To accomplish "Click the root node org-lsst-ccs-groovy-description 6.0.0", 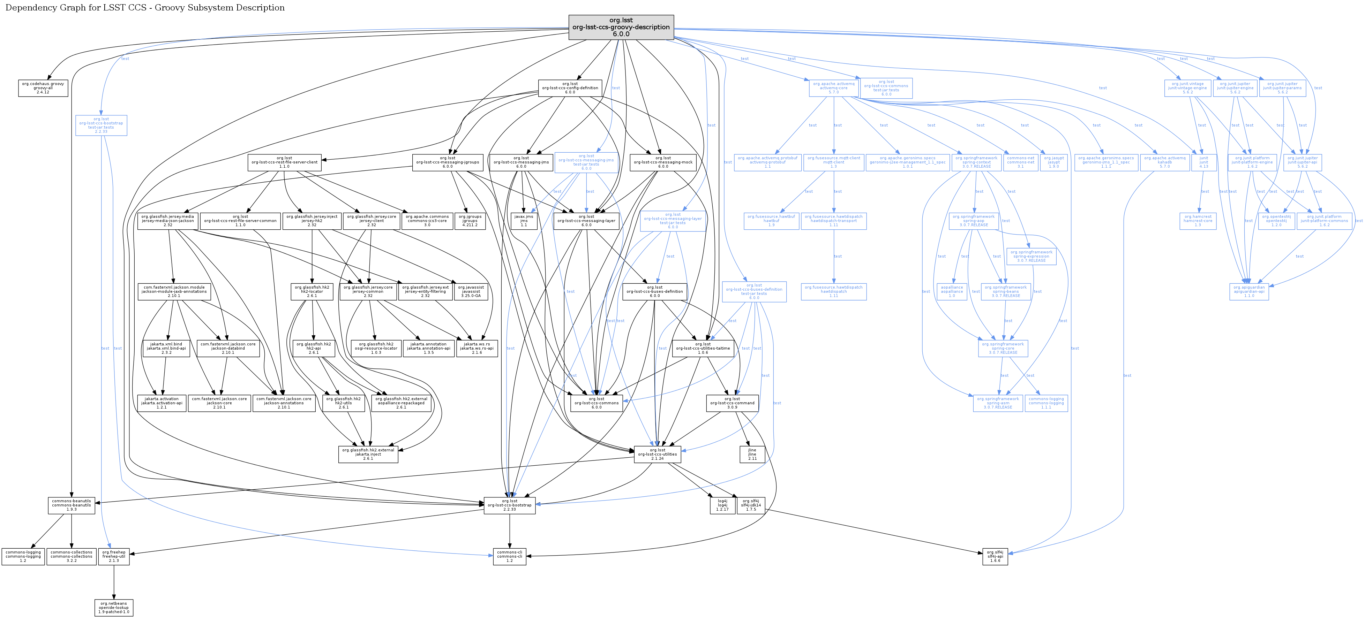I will (x=621, y=27).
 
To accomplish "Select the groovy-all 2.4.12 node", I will (x=43, y=88).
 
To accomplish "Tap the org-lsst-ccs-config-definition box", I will (x=570, y=88).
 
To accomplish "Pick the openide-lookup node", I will (x=114, y=608).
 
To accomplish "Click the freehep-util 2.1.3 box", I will (x=114, y=557).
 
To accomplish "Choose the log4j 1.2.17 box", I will (x=722, y=505).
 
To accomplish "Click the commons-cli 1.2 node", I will (x=509, y=557).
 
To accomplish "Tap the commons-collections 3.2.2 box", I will (x=72, y=557).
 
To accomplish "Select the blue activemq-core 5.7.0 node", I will (x=833, y=88).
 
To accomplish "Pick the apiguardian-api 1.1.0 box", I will (x=1249, y=292).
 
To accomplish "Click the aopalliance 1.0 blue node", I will (x=952, y=292).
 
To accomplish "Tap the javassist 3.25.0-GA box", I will (x=471, y=292).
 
